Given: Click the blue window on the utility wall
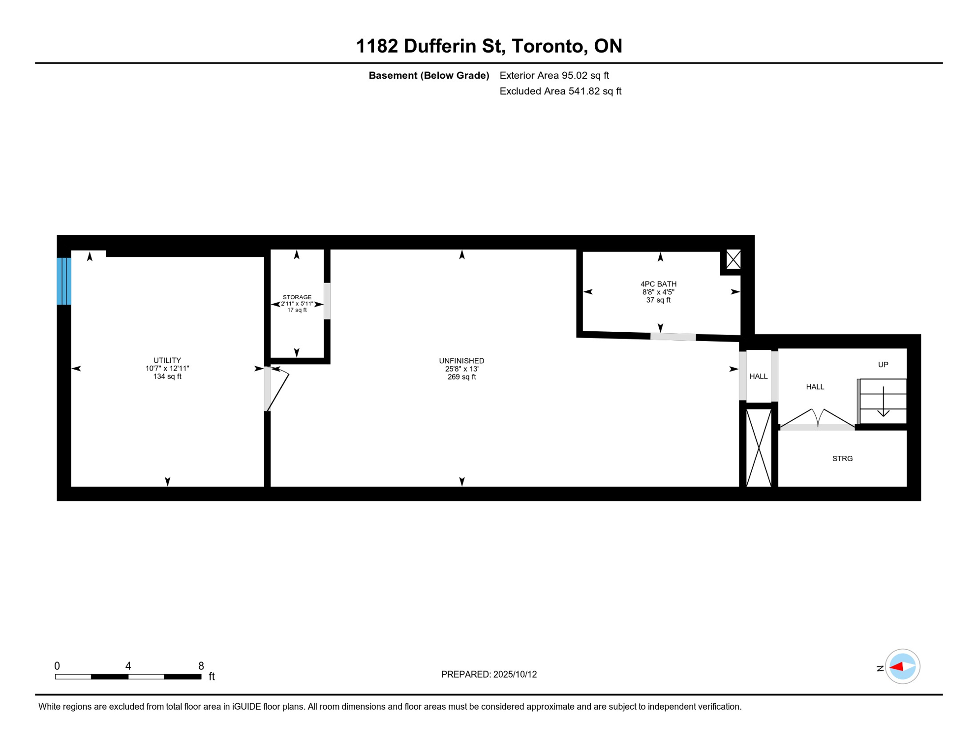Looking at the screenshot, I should point(64,281).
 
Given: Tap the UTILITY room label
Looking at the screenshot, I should point(167,360).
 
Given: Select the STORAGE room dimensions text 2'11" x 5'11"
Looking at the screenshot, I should point(297,304).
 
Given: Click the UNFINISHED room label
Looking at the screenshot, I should point(461,361).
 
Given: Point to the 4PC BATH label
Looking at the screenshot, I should point(658,284).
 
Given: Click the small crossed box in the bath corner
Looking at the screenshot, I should point(733,259).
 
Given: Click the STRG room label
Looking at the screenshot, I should point(842,458).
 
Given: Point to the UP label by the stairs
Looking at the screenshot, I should point(883,365).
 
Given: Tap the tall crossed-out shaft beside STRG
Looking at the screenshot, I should point(759,447).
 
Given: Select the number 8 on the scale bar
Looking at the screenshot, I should point(201,666).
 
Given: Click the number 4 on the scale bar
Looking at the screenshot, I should point(128,666).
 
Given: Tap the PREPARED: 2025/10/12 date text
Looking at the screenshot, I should point(489,674).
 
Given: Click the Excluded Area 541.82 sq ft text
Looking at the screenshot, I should point(560,91).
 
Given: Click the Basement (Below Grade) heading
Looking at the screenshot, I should point(428,75).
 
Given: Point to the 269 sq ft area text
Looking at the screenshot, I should point(461,377).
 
